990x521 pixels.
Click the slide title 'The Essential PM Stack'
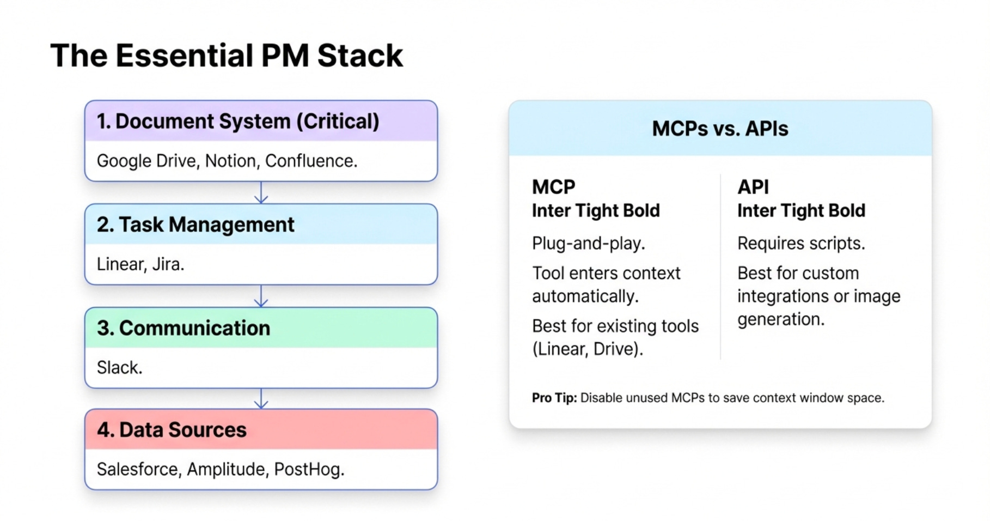(227, 56)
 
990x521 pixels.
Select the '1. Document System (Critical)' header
(238, 121)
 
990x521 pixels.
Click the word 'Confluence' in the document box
(310, 161)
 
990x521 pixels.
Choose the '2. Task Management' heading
(195, 225)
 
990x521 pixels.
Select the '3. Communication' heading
(184, 328)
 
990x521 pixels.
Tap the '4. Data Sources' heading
(172, 430)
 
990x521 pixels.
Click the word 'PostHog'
(309, 469)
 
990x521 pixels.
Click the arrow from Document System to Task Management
(261, 193)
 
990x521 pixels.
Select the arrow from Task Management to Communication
(261, 296)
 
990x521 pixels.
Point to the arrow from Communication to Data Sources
(261, 399)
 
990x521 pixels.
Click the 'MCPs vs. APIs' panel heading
(720, 129)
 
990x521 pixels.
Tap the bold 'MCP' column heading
(553, 187)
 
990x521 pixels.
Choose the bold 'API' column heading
(753, 187)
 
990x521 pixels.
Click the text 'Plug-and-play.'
(588, 243)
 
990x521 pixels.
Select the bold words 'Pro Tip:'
(554, 398)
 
